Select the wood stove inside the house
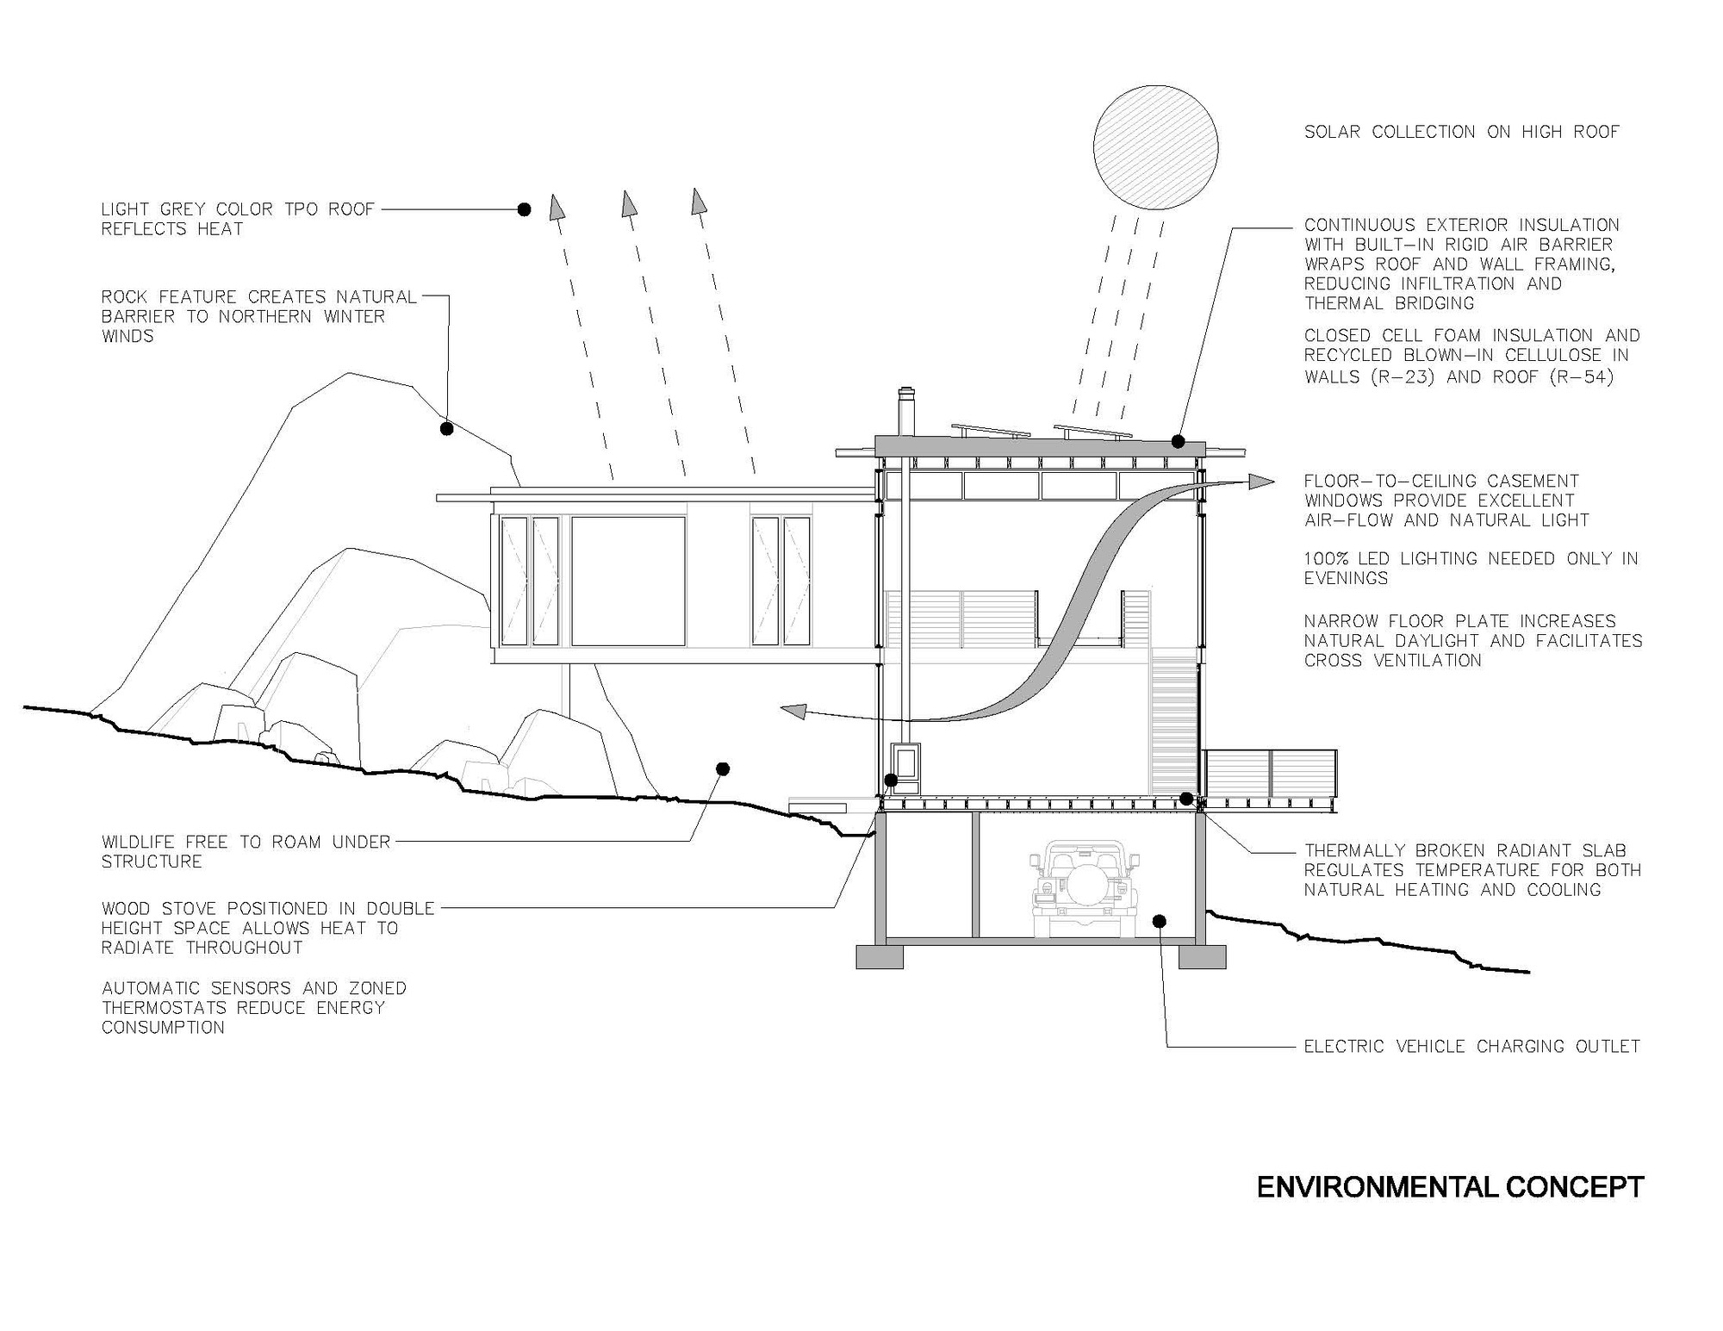point(906,767)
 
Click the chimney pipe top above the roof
point(905,395)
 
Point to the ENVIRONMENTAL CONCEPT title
point(1450,1187)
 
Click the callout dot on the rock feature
point(446,428)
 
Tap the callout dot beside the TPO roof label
point(524,209)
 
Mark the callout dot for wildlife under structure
point(723,768)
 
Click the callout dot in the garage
point(1159,921)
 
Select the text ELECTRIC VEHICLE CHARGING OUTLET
point(1471,1047)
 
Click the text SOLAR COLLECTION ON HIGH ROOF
point(1461,132)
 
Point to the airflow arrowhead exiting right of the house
point(1261,482)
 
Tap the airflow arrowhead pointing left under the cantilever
point(793,711)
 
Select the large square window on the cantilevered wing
point(628,581)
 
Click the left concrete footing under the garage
point(880,956)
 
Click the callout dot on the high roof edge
point(1178,442)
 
